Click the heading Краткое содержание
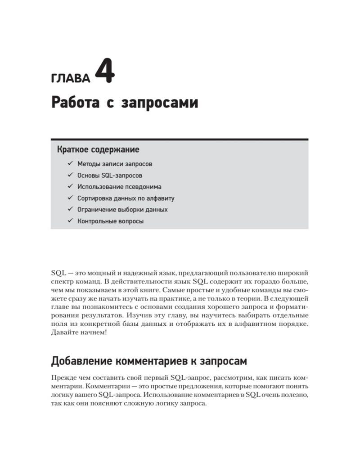97,149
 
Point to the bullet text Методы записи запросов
115,164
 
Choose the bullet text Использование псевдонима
119,187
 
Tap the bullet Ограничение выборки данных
122,210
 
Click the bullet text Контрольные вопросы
111,221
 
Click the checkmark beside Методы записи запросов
70,163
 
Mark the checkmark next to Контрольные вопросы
70,221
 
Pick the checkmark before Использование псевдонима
70,186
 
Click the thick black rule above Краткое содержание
180,139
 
